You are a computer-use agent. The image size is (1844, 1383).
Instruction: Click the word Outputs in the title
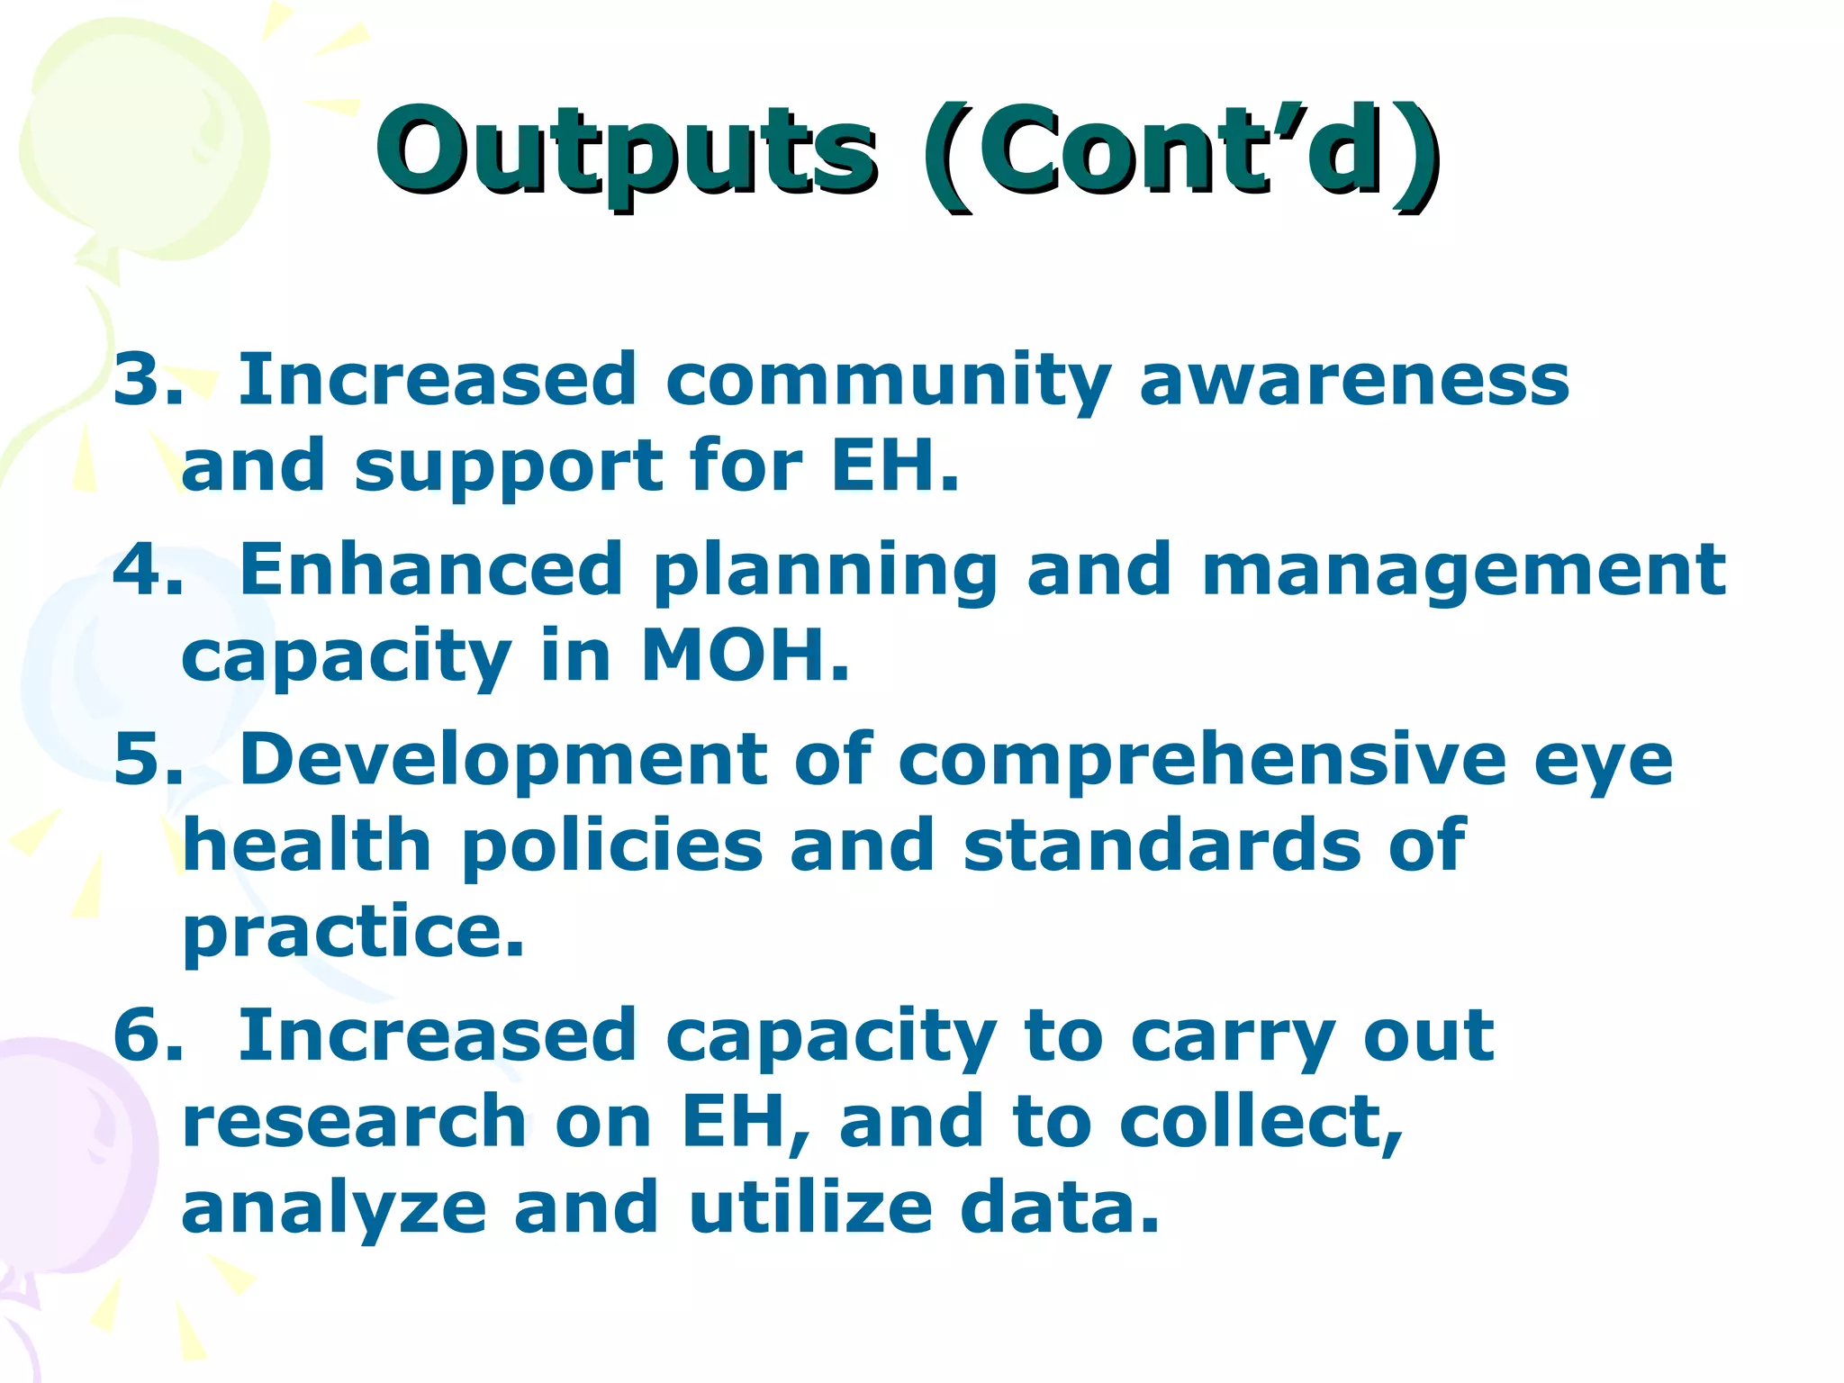click(x=626, y=151)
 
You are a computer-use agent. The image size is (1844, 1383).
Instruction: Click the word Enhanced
click(x=431, y=570)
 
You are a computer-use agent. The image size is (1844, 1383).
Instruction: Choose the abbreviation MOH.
click(x=744, y=655)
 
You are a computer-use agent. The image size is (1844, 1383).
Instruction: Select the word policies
click(x=611, y=846)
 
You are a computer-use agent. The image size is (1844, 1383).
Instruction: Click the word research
click(x=354, y=1122)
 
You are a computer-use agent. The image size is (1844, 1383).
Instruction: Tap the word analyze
click(x=334, y=1209)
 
